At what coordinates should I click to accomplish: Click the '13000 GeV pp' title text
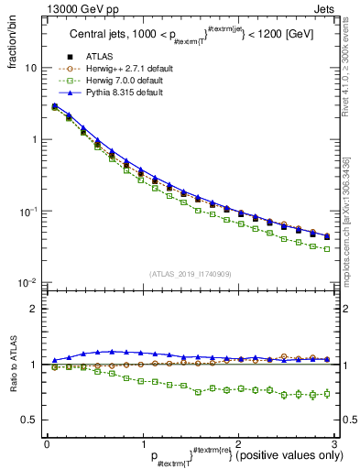79,8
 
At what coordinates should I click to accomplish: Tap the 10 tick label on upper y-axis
30,69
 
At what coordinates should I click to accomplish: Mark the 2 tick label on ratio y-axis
34,309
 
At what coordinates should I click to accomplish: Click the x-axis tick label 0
47,443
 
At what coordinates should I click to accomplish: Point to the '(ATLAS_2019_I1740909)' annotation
190,274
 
